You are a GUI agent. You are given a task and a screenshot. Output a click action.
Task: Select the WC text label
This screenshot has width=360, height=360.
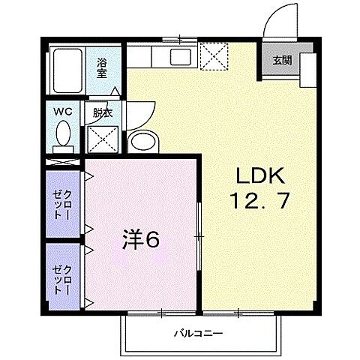point(62,112)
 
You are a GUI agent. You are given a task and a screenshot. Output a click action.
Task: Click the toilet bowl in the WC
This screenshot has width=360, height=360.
point(63,136)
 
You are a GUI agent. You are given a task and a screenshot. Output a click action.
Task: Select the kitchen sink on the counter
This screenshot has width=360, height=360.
point(180,56)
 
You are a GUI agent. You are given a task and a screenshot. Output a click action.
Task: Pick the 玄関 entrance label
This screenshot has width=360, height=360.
point(283,60)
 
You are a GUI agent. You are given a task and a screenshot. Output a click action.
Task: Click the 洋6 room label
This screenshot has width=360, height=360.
point(141,240)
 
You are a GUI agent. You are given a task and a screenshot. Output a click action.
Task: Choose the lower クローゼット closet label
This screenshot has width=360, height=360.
point(63,277)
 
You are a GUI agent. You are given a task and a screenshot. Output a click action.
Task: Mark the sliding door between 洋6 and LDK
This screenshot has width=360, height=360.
point(199,236)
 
